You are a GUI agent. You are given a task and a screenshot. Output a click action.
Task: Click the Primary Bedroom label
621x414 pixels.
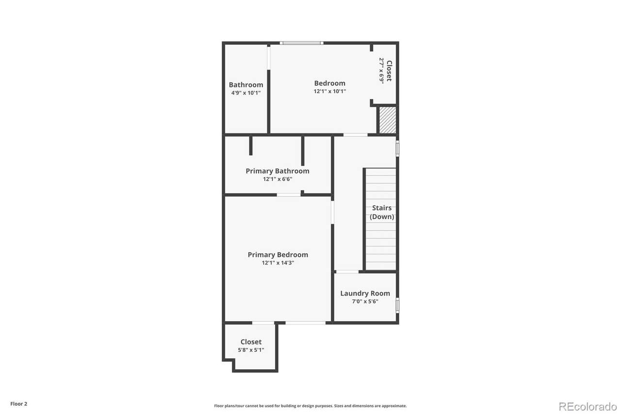click(x=278, y=254)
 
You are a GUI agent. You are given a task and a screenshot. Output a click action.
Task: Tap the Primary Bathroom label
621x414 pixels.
click(x=278, y=171)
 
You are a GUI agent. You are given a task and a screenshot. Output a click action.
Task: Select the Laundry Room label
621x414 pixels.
click(x=365, y=293)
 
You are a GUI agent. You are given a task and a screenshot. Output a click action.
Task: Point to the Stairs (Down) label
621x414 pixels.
click(x=382, y=212)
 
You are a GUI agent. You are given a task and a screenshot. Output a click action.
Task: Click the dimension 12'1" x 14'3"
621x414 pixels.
click(x=278, y=263)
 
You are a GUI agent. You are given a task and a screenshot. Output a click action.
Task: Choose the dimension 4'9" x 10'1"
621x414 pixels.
click(x=246, y=93)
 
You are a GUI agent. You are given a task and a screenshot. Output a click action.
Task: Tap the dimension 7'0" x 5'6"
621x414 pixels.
click(x=365, y=301)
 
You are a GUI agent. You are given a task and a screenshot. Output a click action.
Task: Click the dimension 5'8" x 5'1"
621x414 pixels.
click(x=251, y=349)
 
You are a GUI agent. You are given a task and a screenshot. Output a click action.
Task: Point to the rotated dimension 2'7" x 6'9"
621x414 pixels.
click(x=382, y=70)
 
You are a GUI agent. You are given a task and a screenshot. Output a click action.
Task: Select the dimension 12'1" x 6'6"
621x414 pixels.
click(x=278, y=179)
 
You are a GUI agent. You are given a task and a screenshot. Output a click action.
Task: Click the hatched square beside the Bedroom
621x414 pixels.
click(x=388, y=120)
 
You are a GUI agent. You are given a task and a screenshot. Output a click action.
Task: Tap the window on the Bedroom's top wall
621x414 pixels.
click(x=302, y=43)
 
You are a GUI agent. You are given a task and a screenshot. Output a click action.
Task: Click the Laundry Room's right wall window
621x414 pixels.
click(x=397, y=305)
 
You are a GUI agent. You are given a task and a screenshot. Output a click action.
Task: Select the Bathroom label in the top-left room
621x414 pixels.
click(x=246, y=84)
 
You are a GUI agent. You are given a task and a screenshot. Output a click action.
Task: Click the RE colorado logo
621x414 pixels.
click(x=588, y=407)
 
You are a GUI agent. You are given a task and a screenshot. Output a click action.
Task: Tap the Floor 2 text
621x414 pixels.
click(x=19, y=404)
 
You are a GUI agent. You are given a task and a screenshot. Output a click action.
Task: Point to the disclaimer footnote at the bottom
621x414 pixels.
click(x=310, y=406)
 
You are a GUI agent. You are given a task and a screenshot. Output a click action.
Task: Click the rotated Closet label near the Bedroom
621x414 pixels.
click(x=389, y=71)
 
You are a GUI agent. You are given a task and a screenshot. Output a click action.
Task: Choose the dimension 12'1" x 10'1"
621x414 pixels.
click(x=329, y=91)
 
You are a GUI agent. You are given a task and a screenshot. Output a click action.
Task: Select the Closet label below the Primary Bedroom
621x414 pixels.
click(x=251, y=342)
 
